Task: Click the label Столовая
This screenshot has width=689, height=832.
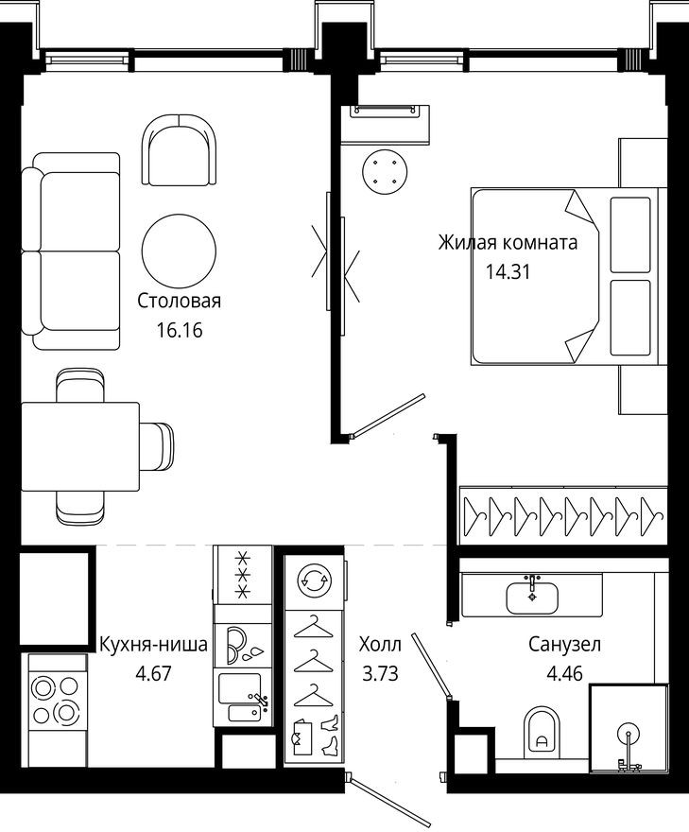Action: (179, 302)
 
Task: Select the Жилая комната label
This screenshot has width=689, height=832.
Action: (507, 242)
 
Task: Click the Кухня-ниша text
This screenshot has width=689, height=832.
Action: (153, 645)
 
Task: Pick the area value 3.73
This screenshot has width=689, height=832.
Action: (379, 674)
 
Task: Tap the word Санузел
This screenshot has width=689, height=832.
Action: (564, 645)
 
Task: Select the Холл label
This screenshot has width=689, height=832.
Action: (379, 645)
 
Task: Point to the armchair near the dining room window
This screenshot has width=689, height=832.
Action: (179, 151)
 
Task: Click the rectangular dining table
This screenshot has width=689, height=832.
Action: (79, 446)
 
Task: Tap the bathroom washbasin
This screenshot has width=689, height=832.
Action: (532, 597)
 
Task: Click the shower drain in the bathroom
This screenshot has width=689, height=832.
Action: (627, 734)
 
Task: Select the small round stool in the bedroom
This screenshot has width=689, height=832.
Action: (384, 173)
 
